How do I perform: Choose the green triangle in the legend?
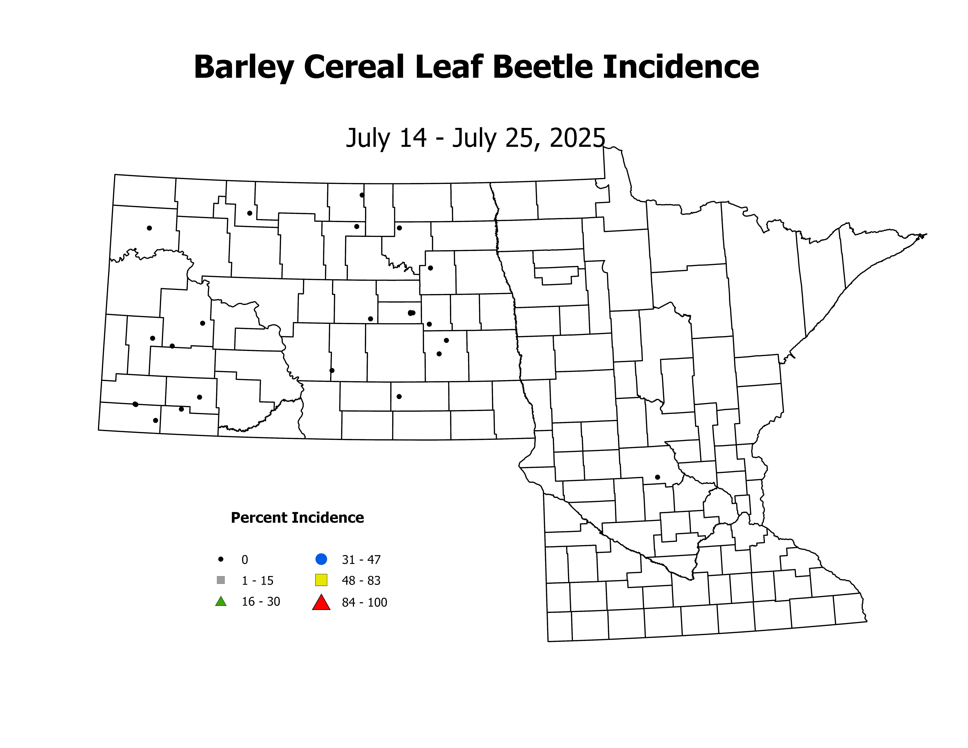[221, 602]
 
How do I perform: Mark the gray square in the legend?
[221, 580]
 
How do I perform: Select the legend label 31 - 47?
[361, 560]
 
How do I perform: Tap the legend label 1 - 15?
[258, 581]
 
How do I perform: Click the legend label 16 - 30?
[261, 602]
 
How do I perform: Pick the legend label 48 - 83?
[361, 581]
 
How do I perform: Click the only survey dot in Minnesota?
[657, 477]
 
